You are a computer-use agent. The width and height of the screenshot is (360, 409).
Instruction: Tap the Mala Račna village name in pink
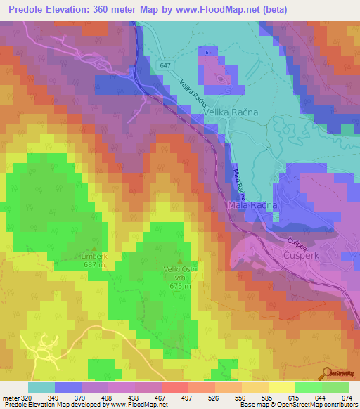tap(252, 204)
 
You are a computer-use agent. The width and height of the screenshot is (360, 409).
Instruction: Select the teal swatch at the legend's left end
tap(41, 387)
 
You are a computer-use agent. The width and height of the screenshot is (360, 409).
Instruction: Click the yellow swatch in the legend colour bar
tap(281, 387)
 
